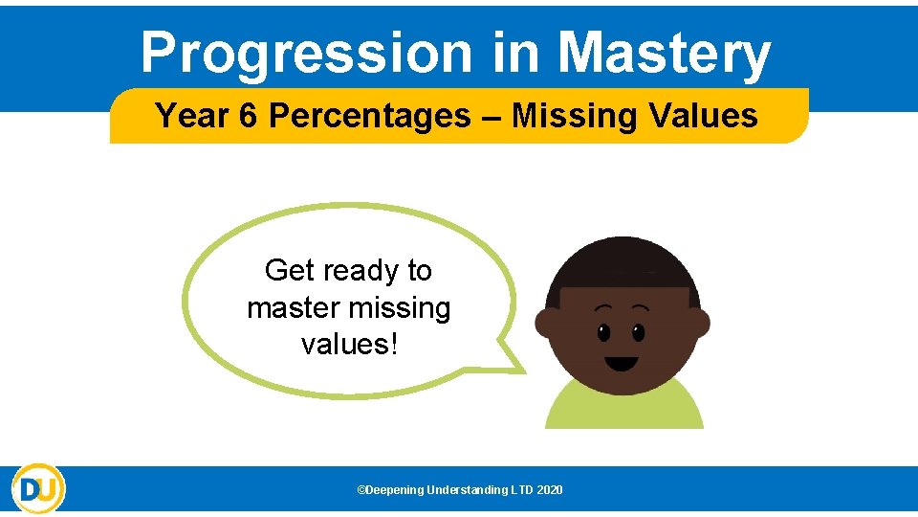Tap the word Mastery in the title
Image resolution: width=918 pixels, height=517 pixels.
(664, 53)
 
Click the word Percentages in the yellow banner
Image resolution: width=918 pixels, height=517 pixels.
(370, 116)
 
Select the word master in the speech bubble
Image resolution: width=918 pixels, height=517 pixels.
(294, 308)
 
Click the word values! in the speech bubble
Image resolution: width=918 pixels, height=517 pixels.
(348, 344)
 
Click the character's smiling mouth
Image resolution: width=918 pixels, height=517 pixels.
(622, 363)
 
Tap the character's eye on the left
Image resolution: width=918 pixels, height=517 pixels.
(603, 332)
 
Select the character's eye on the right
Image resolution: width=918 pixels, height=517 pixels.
(639, 332)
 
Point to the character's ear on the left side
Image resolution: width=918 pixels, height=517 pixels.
(546, 324)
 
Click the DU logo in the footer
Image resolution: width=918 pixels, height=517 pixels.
(38, 489)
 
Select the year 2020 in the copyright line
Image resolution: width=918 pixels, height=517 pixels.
(550, 490)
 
